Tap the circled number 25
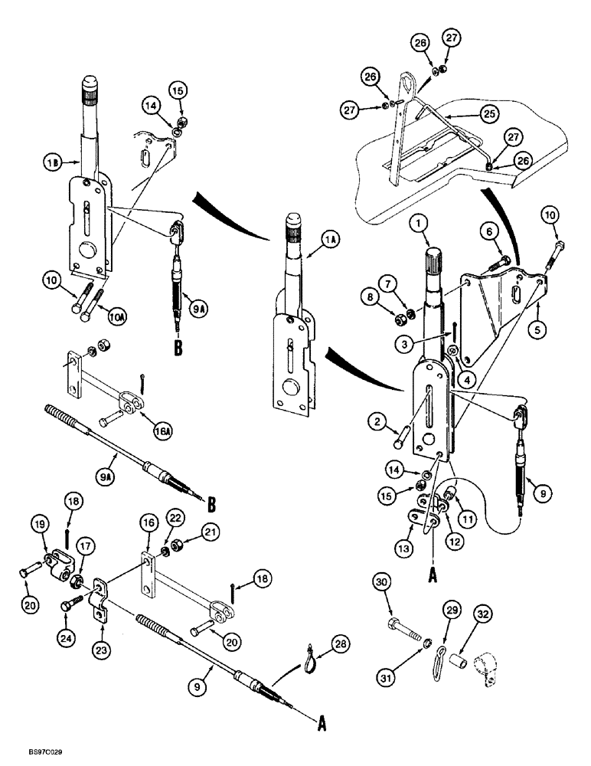click(x=488, y=113)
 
